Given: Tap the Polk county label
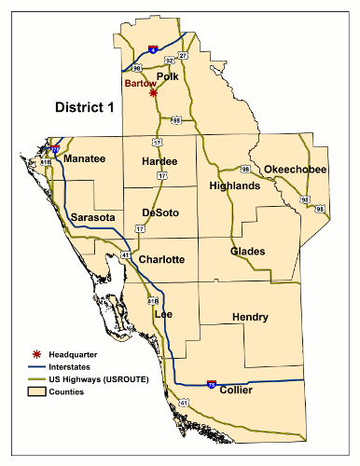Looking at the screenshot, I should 168,76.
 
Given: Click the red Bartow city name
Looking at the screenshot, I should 142,84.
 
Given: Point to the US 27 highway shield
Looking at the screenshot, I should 183,57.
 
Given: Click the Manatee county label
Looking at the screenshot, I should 85,159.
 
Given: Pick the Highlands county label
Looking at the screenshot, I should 235,186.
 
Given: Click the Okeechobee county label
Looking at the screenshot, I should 295,169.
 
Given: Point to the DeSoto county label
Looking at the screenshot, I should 159,212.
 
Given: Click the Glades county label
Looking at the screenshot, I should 248,252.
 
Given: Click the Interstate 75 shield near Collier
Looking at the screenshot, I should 212,383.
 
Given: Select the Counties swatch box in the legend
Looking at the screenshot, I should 36,392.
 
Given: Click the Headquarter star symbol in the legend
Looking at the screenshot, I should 36,355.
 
